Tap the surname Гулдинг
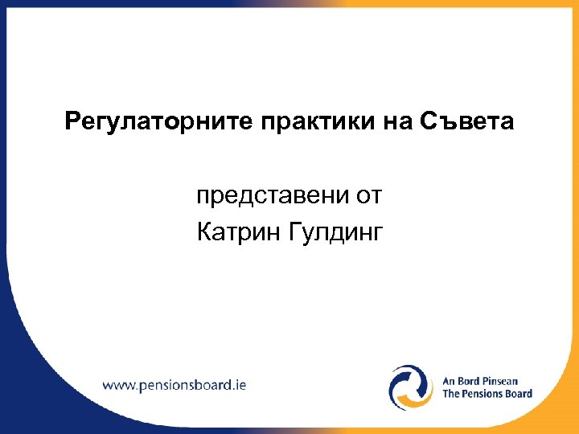point(339,234)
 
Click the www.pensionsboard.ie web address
point(175,384)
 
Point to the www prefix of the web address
point(120,384)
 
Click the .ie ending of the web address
point(239,384)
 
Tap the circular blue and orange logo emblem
point(411,387)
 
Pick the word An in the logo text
point(450,380)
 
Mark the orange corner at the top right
point(563,12)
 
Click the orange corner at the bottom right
point(567,422)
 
